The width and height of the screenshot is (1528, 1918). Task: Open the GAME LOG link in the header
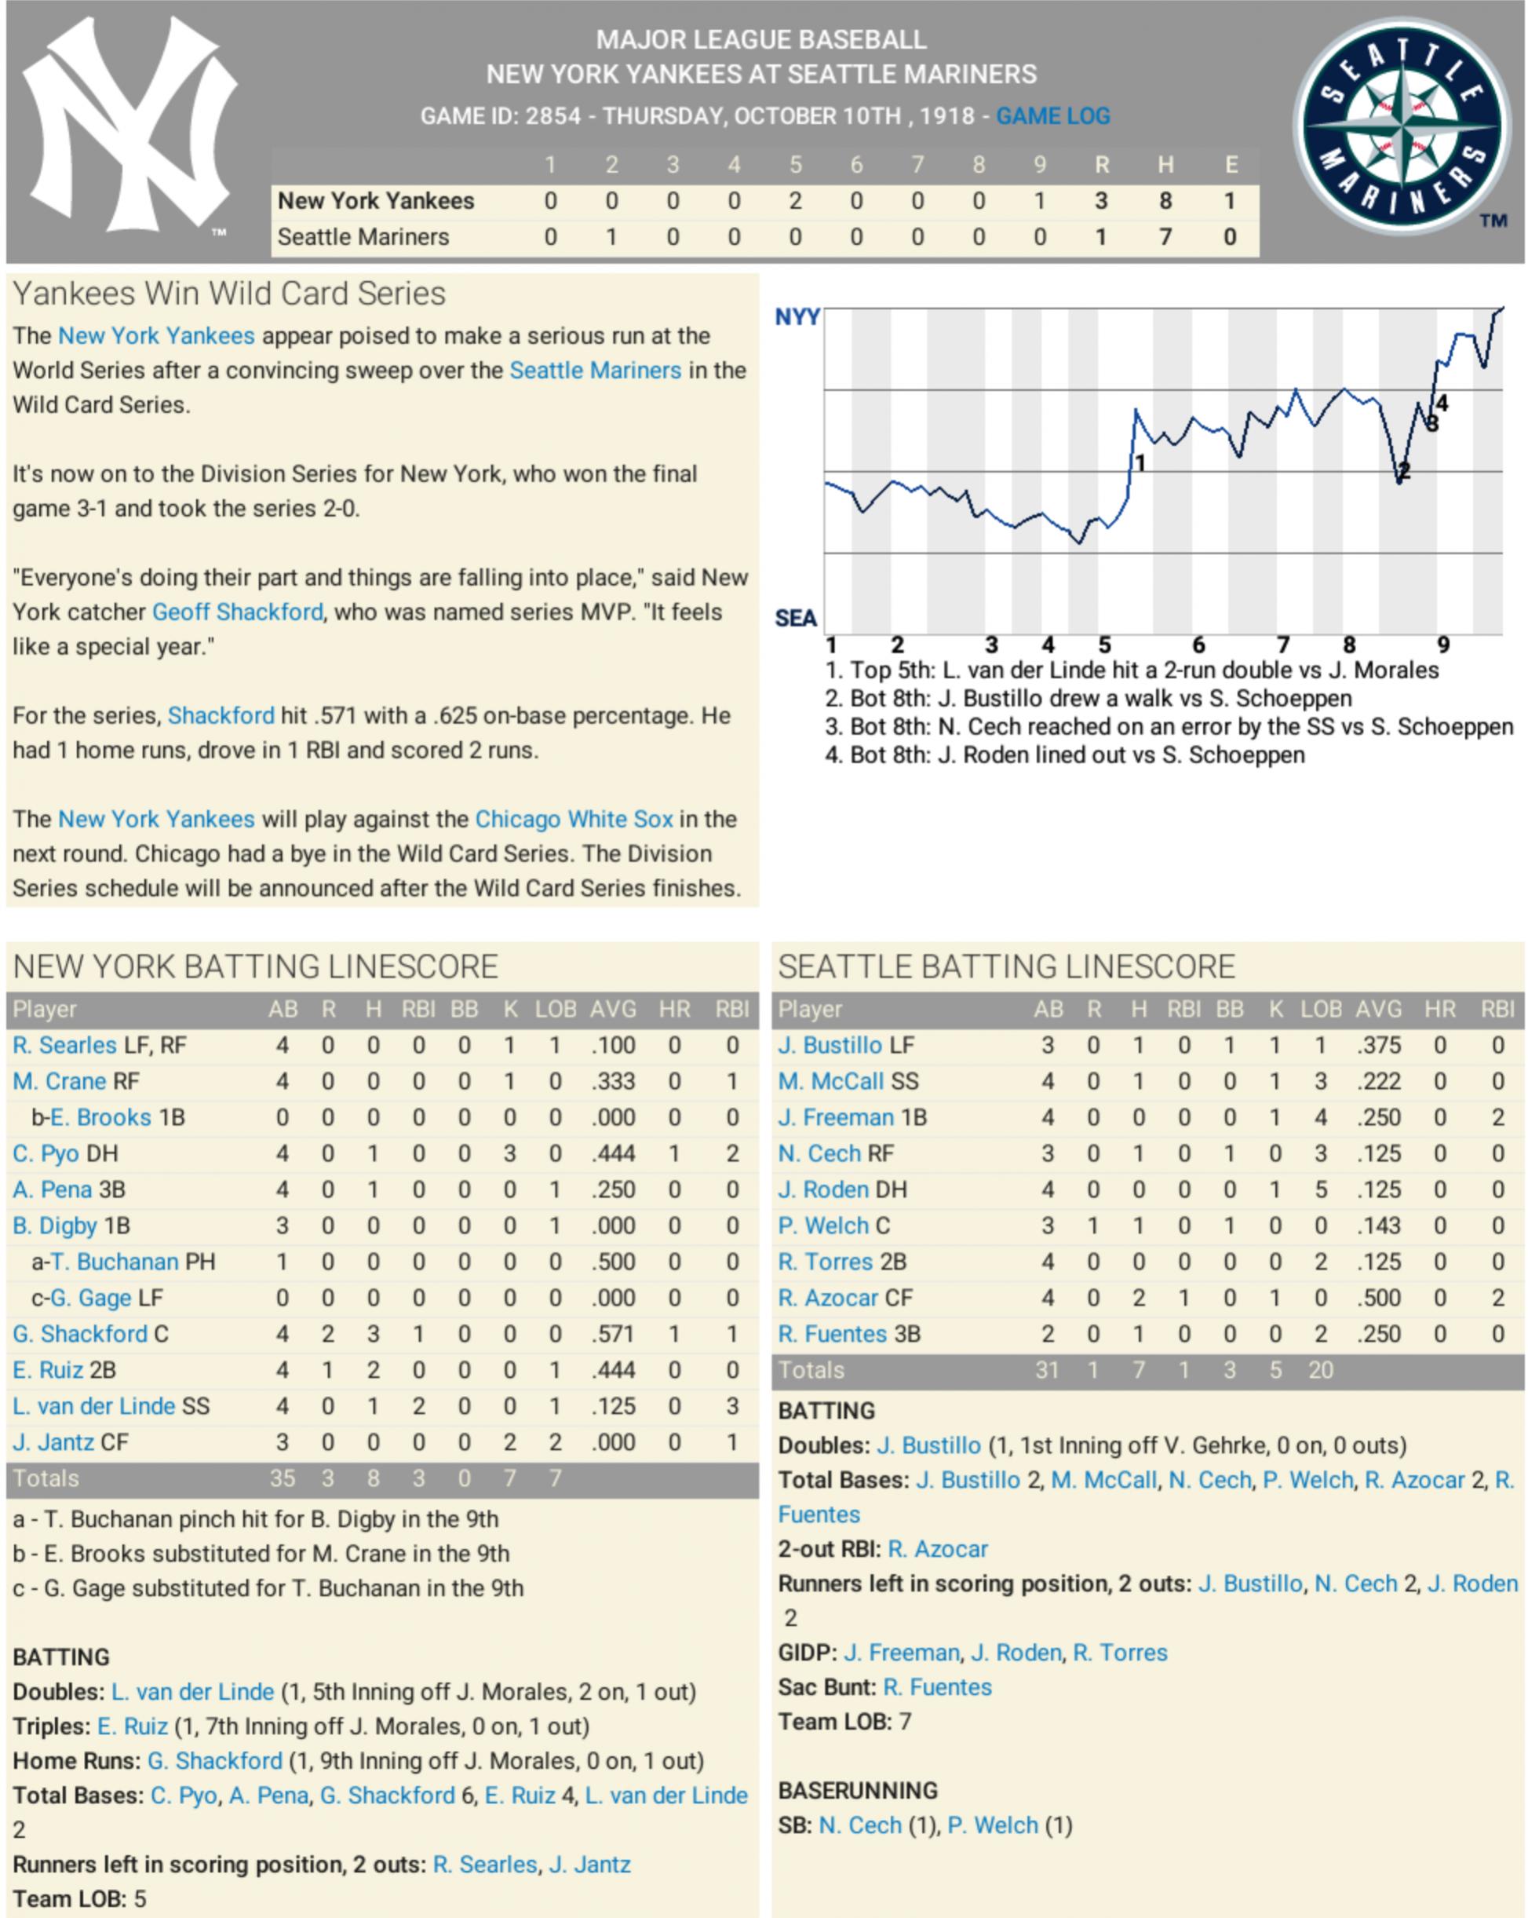[1053, 115]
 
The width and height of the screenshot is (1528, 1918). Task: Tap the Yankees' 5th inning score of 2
[795, 201]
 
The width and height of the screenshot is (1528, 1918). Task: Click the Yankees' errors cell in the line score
[1230, 201]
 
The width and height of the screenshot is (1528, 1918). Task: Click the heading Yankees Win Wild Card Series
[228, 294]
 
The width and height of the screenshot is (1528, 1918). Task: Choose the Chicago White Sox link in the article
[574, 820]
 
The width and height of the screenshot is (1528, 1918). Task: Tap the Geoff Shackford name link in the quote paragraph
[238, 612]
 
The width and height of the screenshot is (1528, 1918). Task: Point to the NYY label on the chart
[797, 316]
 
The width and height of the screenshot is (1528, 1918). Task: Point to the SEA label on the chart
[795, 619]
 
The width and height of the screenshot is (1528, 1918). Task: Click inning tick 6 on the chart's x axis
[1198, 645]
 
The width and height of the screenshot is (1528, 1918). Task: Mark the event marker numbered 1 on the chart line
[1140, 462]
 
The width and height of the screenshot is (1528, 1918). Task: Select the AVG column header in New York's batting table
[613, 1010]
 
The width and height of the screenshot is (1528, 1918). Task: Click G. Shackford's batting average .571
[613, 1335]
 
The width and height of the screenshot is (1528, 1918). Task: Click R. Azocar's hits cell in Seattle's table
[1139, 1298]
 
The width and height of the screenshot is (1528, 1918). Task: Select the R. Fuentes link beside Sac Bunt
[937, 1688]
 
